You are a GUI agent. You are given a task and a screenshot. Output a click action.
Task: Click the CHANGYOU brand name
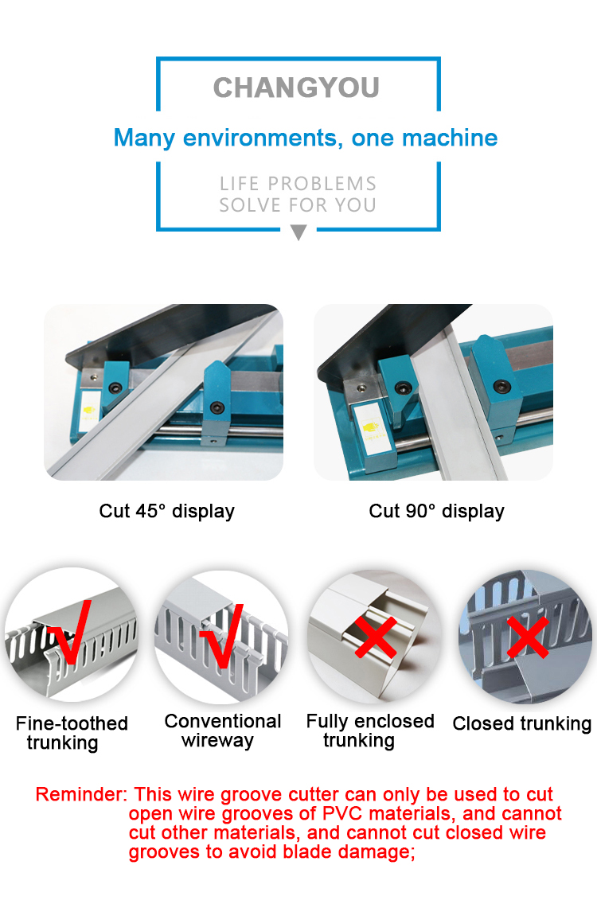296,88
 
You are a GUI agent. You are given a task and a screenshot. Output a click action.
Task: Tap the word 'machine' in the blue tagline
450,138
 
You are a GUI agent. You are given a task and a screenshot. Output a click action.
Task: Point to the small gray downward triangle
298,232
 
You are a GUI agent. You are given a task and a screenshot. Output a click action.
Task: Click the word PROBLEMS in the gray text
322,184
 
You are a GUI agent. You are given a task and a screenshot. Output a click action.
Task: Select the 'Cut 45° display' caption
167,511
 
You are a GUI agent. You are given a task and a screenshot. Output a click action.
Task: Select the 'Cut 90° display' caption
436,511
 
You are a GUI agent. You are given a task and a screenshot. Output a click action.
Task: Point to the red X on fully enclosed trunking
376,637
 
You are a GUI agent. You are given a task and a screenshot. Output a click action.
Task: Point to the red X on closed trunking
528,637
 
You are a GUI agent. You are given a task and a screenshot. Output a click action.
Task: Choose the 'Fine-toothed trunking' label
71,733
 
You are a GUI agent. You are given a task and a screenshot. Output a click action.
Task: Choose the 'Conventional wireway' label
222,731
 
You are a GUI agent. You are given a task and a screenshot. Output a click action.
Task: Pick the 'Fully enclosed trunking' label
370,731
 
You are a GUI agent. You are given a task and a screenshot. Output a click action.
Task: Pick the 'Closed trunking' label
521,723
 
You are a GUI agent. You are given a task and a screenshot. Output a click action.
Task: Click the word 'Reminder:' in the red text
81,794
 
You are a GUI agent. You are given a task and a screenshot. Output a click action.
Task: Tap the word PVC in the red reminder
342,813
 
